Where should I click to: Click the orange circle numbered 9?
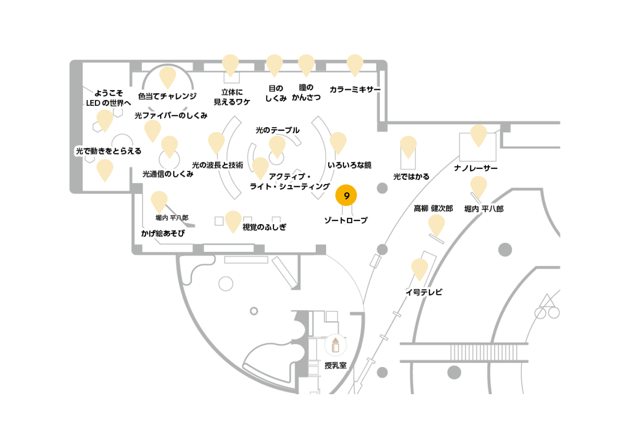pos(346,195)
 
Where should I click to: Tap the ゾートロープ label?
pos(346,220)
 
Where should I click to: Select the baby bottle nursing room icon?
pos(335,345)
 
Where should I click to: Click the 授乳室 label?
pos(335,366)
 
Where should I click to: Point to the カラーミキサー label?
pos(355,89)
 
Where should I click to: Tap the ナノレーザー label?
pos(476,168)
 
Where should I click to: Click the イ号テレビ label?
pos(424,292)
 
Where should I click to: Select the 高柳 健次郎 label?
pos(433,208)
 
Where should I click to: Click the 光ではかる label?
pos(411,176)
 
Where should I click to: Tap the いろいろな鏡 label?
pos(349,165)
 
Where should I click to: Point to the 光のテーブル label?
pos(277,130)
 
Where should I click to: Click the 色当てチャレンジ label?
pos(167,96)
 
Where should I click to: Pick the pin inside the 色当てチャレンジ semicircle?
pos(167,77)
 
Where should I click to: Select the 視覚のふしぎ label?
pos(264,227)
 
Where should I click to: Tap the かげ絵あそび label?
pos(163,233)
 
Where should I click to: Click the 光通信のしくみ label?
pos(168,174)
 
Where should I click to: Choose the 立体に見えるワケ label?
pos(232,97)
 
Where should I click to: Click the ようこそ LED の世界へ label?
pos(109,98)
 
